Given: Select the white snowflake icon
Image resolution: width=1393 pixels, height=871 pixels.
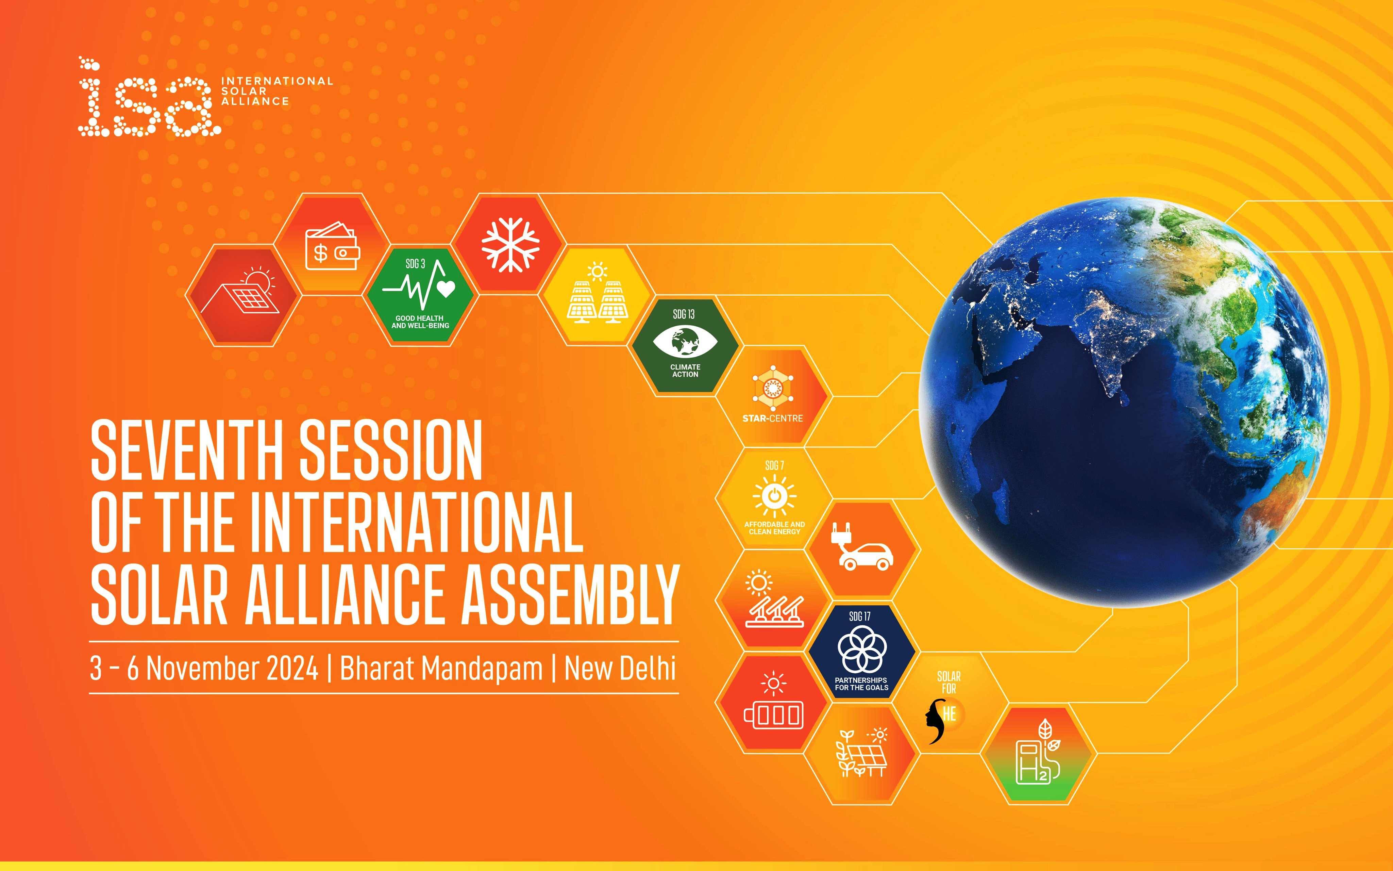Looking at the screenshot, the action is coord(510,244).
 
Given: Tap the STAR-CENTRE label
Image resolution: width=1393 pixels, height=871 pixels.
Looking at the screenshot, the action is coord(772,418).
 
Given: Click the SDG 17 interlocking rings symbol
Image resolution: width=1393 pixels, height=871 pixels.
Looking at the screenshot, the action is coord(862,649).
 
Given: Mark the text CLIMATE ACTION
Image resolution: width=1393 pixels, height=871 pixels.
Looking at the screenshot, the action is coord(685,371).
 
